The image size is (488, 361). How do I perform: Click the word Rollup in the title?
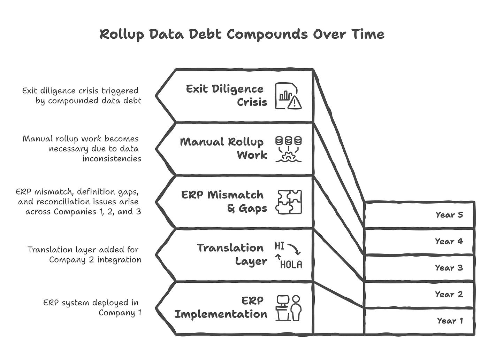pos(122,34)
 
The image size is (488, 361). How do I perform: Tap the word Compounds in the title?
pos(267,34)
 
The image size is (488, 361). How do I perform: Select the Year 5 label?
pos(449,215)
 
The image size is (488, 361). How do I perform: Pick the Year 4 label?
pos(449,241)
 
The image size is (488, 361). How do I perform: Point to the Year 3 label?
pos(449,268)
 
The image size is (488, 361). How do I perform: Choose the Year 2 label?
pos(449,294)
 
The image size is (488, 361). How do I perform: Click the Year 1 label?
pos(450,321)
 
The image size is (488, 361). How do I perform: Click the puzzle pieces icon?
pos(289,202)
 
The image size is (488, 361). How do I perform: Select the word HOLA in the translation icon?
pos(291,265)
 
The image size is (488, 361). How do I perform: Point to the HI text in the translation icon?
pos(280,246)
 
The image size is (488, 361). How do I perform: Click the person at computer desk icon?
pos(289,308)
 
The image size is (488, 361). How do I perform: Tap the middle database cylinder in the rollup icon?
pos(289,141)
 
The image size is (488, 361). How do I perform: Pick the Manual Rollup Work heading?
pos(223,149)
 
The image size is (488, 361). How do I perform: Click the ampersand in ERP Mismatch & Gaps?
pos(231,208)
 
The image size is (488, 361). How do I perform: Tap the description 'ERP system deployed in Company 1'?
pos(92,308)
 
